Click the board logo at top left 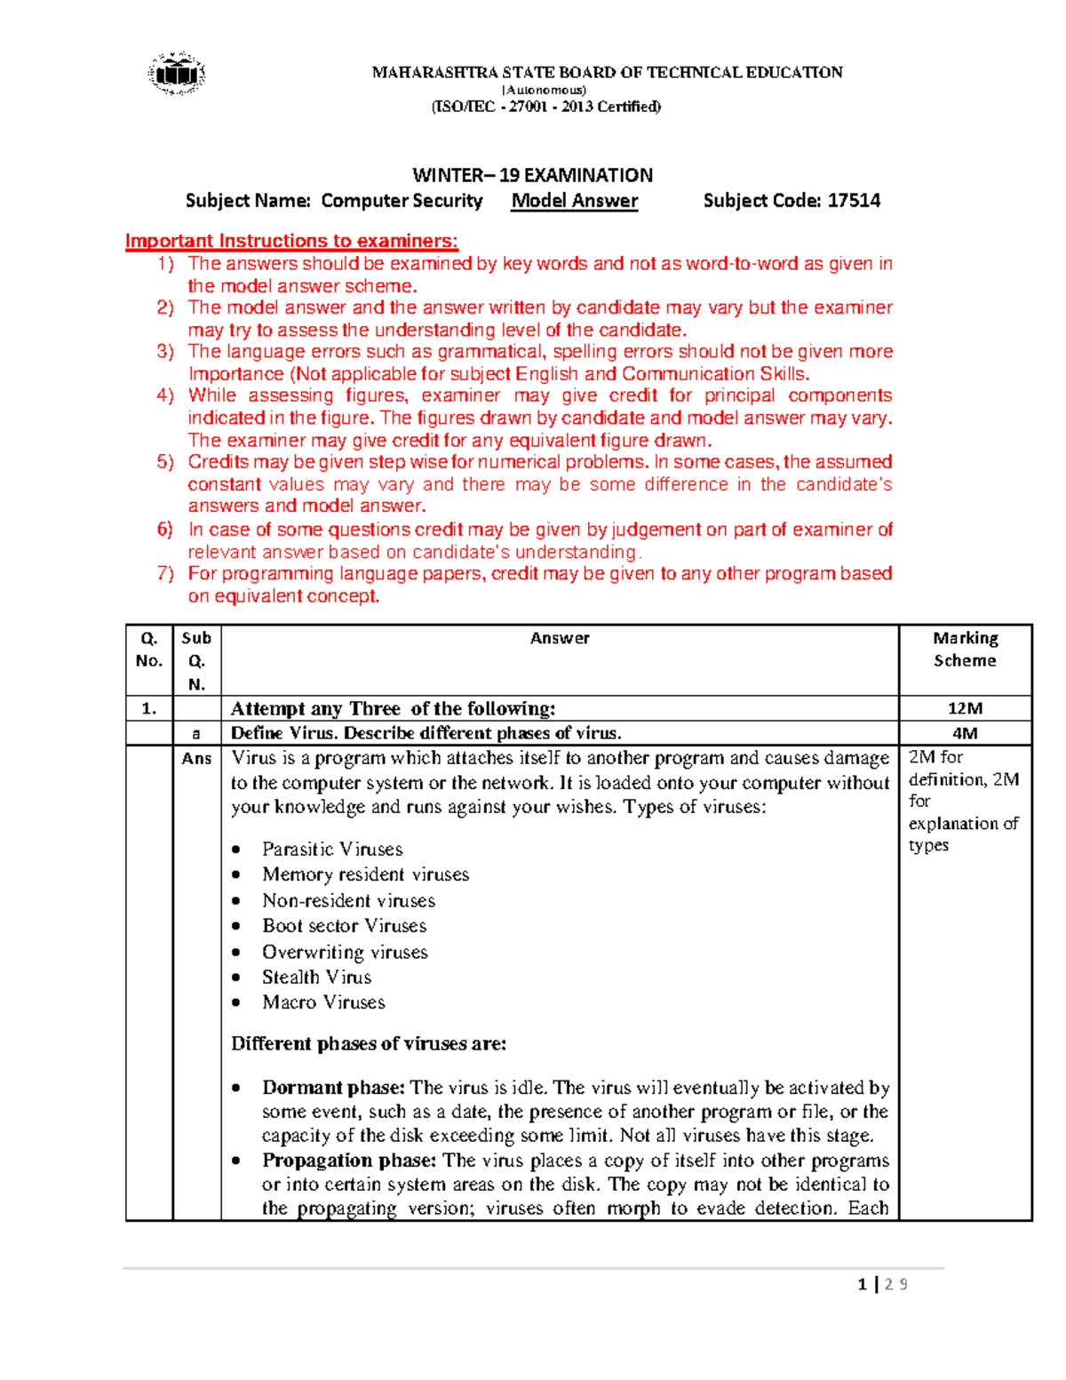click(177, 74)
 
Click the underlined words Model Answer click(574, 201)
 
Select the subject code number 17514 click(854, 201)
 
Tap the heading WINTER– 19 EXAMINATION click(532, 175)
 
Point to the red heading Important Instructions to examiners click(291, 241)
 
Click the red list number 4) click(165, 395)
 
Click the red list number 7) click(165, 573)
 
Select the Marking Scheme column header click(965, 650)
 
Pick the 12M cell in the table click(965, 708)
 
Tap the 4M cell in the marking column click(965, 733)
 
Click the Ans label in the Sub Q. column click(196, 758)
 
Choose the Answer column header click(560, 638)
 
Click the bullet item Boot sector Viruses click(344, 926)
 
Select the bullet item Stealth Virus click(316, 977)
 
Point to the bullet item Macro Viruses click(323, 1002)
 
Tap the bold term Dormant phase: click(333, 1088)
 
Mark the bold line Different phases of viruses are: click(369, 1044)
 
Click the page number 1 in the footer click(862, 1284)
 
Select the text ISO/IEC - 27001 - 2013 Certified click(545, 107)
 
